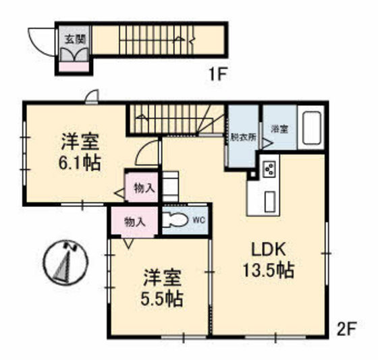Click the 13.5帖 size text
[x=268, y=270]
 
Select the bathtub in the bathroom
[x=312, y=128]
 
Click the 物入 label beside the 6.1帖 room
[x=142, y=188]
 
